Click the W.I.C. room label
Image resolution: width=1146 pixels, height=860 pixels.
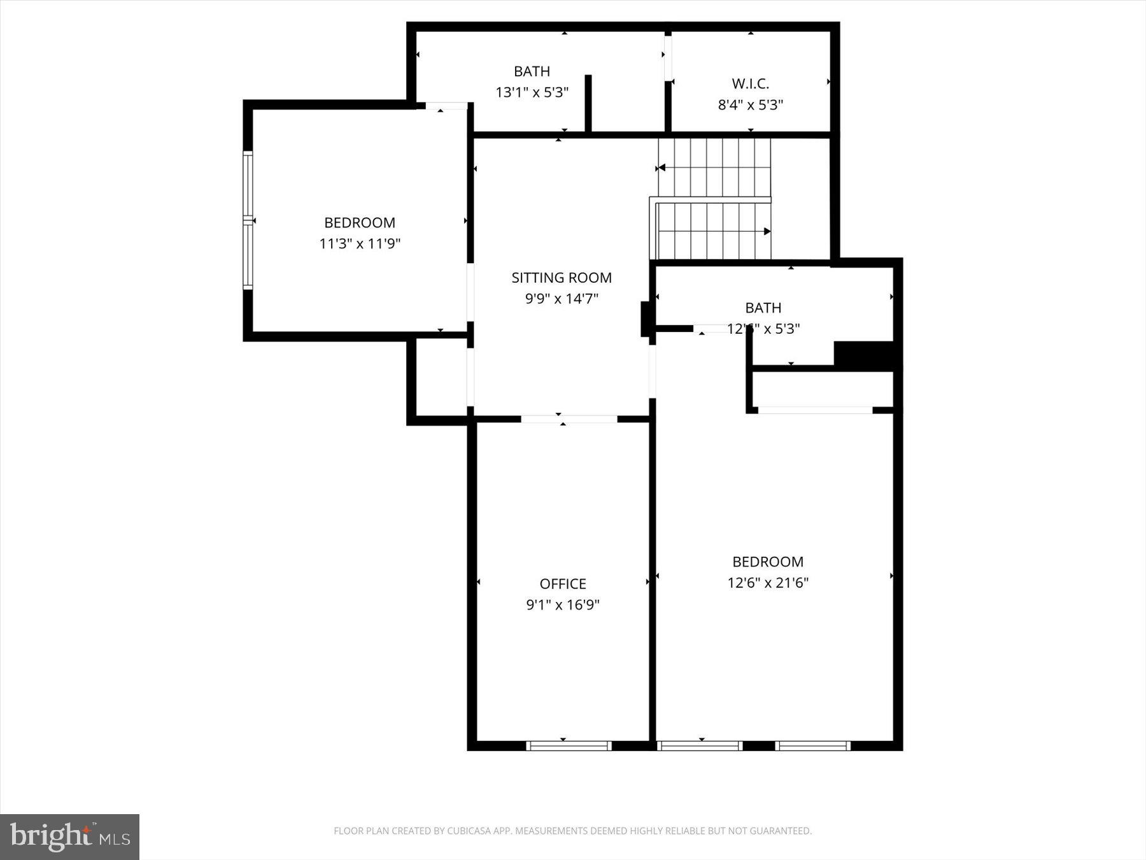[x=750, y=83]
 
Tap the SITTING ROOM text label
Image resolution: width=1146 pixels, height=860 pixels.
[x=561, y=278]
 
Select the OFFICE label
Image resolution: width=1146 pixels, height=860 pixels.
[x=562, y=584]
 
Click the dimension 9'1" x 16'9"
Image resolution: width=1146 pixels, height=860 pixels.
[x=562, y=605]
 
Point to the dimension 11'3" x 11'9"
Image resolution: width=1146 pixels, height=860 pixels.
[x=360, y=243]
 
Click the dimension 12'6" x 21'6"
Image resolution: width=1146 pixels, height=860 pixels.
[x=768, y=582]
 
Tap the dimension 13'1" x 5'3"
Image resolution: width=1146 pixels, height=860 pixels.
[x=532, y=92]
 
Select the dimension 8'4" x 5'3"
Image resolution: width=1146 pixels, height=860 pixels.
[x=750, y=104]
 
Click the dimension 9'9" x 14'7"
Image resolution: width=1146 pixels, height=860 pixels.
[x=561, y=298]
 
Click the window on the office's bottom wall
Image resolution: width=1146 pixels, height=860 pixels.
[x=569, y=745]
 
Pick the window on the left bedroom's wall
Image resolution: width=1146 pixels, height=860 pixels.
[x=248, y=220]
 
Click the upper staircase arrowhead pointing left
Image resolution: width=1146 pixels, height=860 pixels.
[x=661, y=168]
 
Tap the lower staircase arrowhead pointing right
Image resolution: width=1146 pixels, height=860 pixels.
[x=767, y=231]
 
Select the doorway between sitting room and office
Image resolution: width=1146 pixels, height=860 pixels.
[x=569, y=419]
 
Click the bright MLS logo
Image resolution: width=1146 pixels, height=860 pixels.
[x=69, y=836]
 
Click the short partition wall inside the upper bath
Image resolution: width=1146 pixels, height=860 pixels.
[x=588, y=103]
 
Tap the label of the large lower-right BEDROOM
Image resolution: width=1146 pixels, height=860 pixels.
[x=768, y=562]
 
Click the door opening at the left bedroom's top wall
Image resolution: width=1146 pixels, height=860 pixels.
[x=446, y=106]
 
